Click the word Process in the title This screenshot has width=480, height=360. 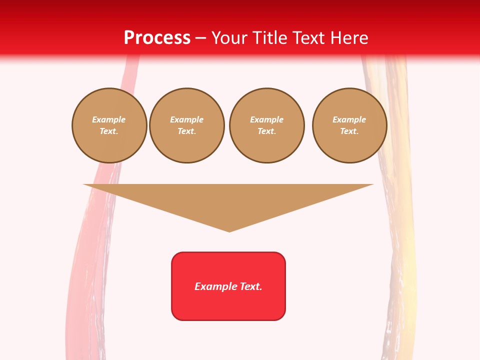(x=157, y=38)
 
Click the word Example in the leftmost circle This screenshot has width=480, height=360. (x=109, y=119)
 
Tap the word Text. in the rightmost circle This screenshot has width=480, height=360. (x=349, y=131)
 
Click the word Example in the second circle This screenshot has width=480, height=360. (x=186, y=119)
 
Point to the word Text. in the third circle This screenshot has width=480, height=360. (x=266, y=131)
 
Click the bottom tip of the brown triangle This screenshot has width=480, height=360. (x=229, y=230)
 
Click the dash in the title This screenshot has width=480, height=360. (x=201, y=38)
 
